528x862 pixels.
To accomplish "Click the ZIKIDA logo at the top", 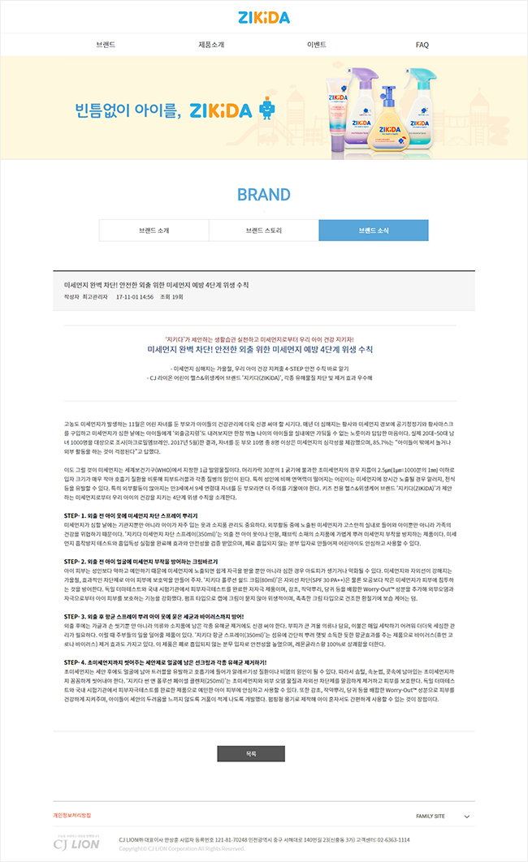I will point(264,17).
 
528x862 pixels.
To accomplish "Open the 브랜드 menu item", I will point(106,45).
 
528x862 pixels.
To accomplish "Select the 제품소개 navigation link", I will point(211,45).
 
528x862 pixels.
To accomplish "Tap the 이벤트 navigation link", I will point(317,45).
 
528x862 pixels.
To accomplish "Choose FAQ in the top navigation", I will point(422,45).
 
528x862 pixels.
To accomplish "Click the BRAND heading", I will point(264,195).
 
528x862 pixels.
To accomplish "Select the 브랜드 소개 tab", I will point(154,231).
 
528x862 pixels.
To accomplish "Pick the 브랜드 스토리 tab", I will point(264,231).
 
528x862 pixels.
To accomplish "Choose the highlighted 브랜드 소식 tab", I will point(374,231).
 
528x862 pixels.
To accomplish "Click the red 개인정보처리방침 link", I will point(72,815).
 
